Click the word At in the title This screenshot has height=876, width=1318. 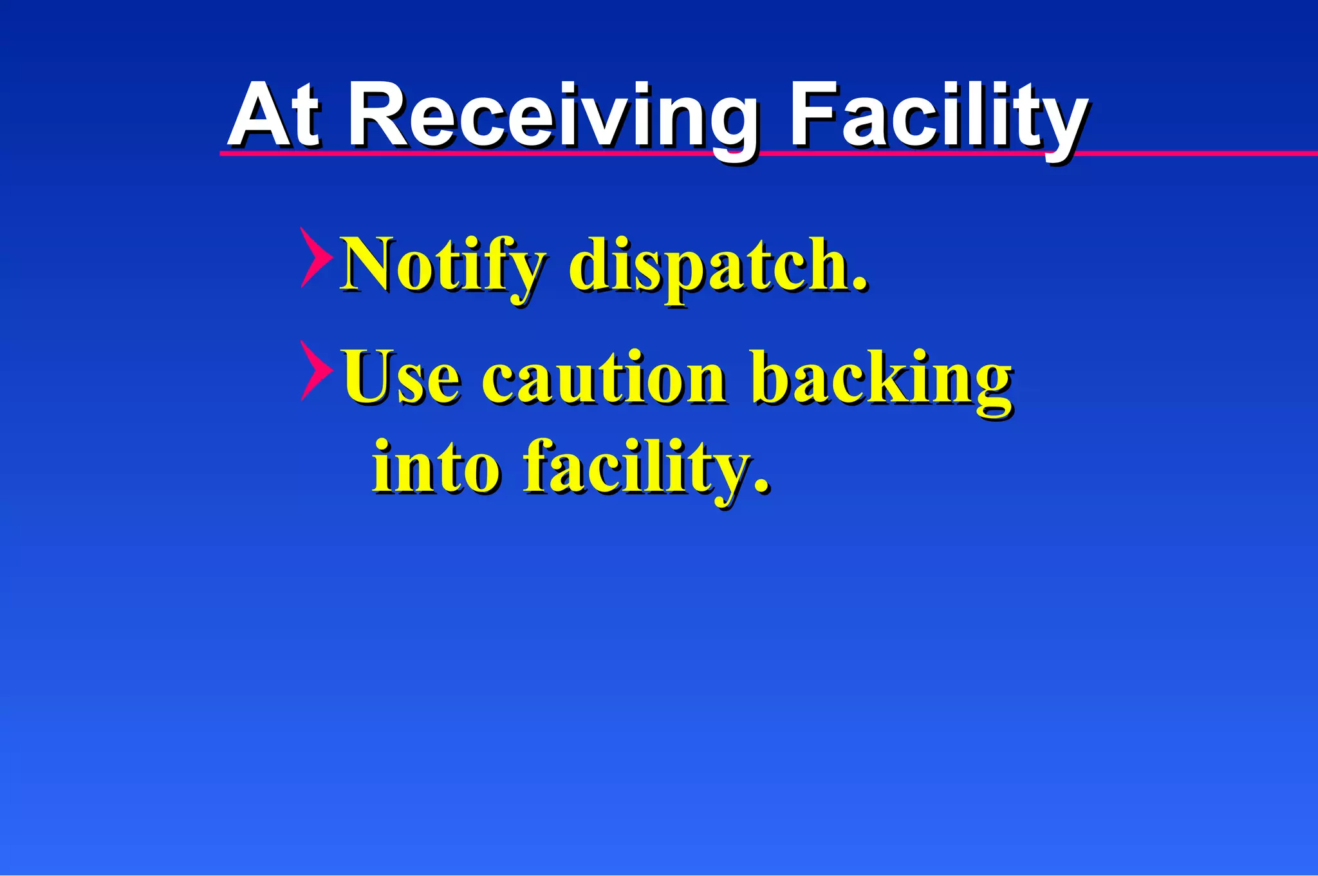point(274,116)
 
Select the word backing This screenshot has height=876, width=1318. point(882,380)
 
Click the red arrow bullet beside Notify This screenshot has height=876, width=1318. point(316,257)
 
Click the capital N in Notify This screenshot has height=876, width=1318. point(369,264)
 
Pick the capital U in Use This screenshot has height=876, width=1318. point(369,377)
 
